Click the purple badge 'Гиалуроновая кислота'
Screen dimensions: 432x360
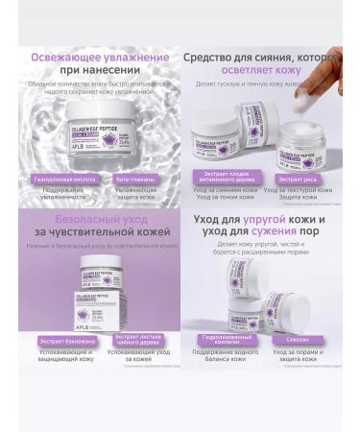click(64, 179)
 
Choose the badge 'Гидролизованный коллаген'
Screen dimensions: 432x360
click(228, 340)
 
